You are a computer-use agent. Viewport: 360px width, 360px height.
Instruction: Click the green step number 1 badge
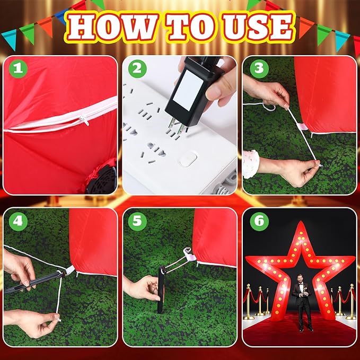tap(19, 69)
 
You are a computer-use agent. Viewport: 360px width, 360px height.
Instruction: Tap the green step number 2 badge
tap(138, 69)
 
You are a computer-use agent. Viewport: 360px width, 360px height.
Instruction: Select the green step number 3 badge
tap(258, 69)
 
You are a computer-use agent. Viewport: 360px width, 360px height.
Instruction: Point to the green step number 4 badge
tap(19, 222)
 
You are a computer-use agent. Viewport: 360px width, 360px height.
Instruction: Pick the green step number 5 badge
tap(138, 222)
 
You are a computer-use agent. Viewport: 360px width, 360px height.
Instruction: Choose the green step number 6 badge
tap(258, 222)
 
